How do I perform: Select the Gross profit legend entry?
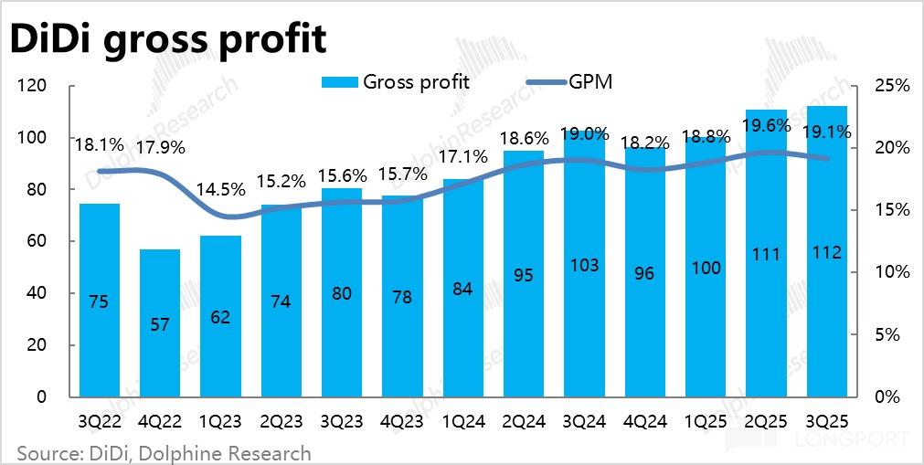coord(396,81)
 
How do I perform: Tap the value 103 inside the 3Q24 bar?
coord(584,266)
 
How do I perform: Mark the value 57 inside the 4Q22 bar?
coord(160,325)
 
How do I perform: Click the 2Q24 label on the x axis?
coord(524,423)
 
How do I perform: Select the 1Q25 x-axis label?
coord(706,423)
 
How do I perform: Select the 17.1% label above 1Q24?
coord(463,157)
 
